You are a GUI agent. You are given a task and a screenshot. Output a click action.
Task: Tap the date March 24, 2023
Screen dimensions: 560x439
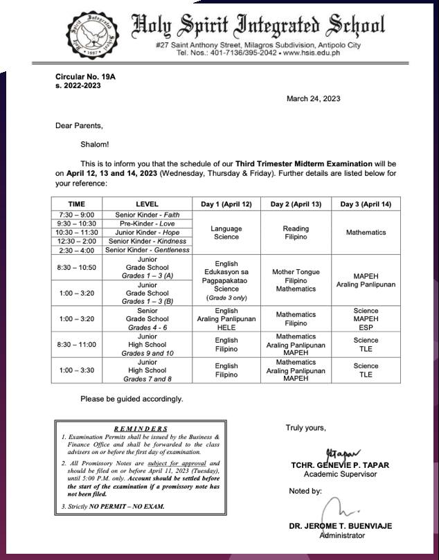313,99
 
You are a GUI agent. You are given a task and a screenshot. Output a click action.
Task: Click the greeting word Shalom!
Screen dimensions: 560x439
94,144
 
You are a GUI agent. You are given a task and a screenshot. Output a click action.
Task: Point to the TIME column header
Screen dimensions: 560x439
77,204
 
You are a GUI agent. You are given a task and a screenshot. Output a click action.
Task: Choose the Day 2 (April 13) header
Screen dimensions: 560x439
296,204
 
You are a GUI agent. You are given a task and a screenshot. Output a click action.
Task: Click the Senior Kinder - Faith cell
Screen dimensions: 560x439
147,215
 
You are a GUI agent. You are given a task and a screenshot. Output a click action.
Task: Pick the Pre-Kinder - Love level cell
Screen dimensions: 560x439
147,224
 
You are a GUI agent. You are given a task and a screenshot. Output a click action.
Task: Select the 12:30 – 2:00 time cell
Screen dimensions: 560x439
77,241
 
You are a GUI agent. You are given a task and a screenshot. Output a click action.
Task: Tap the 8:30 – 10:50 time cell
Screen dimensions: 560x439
77,267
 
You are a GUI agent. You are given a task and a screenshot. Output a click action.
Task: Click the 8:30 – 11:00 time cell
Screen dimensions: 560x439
77,344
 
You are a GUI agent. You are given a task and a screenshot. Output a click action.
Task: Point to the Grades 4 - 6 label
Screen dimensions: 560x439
147,327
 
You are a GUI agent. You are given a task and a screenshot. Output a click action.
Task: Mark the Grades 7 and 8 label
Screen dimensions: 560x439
147,379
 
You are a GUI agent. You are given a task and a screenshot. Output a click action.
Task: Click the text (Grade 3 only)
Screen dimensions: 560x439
226,298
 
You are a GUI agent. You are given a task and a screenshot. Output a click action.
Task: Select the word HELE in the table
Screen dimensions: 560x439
226,327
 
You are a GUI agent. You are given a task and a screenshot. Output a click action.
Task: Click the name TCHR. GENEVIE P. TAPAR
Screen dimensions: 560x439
339,464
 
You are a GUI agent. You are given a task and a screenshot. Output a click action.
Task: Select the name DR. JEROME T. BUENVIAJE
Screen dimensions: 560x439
340,526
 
